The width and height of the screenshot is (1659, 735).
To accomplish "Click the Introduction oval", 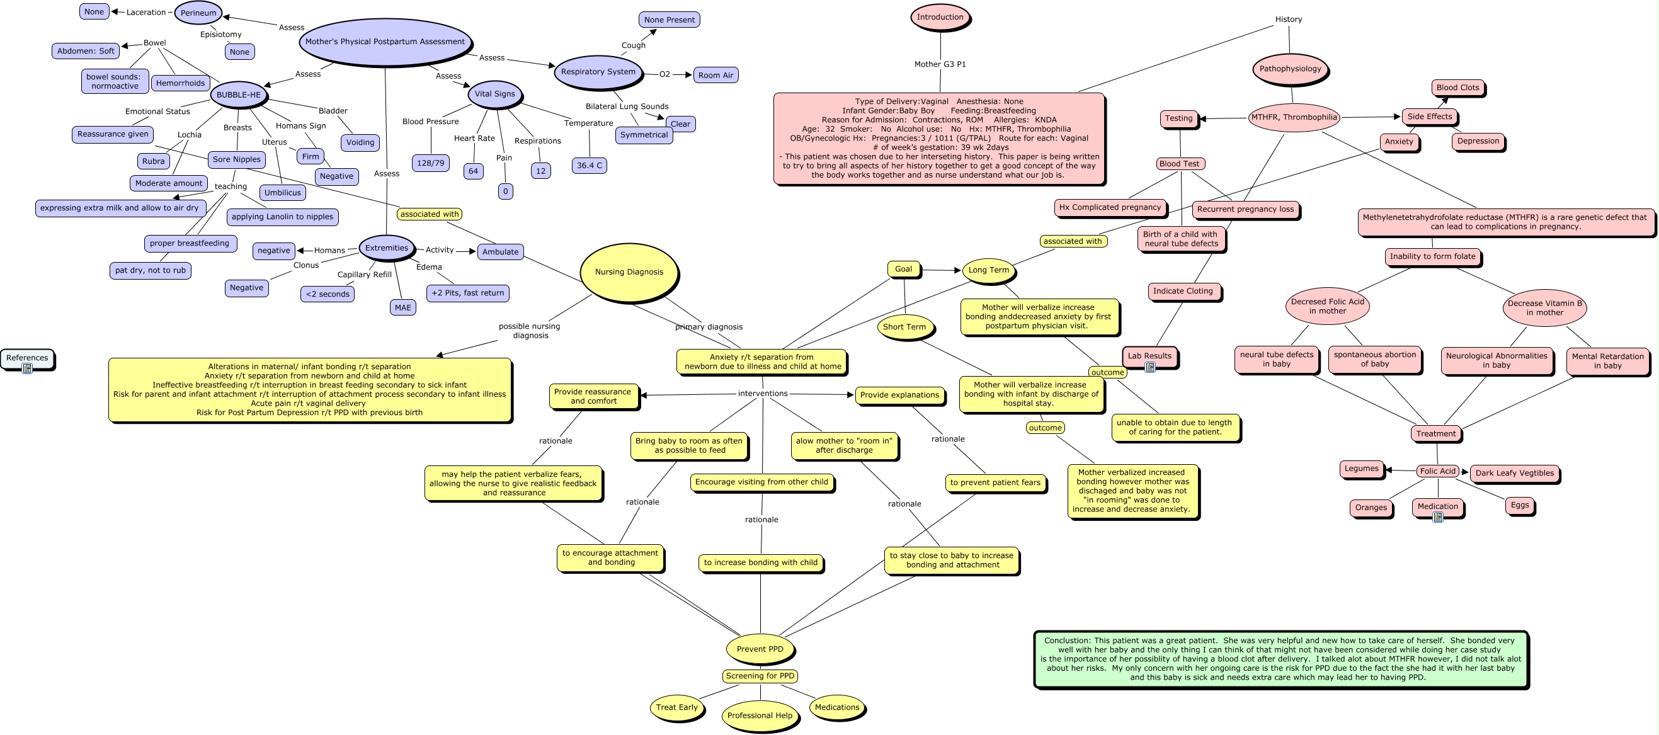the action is (x=940, y=18).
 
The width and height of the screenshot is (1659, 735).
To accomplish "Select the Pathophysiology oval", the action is (x=1290, y=69).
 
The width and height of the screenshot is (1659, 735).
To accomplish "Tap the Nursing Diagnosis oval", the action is (x=629, y=272).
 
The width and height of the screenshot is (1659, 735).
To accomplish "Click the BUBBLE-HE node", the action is (x=238, y=94).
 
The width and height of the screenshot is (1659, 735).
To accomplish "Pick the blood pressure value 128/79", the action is (x=430, y=163).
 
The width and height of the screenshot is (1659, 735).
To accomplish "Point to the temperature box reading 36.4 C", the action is (x=590, y=166).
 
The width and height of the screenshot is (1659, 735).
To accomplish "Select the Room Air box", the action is (x=715, y=76).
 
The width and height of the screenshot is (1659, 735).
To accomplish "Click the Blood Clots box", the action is (x=1458, y=88).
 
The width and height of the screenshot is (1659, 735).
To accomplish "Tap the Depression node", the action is (x=1478, y=141).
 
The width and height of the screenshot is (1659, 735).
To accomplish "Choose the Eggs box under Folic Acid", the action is (x=1520, y=505).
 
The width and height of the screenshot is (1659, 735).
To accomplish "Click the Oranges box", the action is (x=1371, y=508).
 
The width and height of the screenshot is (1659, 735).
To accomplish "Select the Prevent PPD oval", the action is (x=760, y=649).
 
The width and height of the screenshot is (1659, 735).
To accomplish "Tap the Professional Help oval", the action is (x=760, y=715).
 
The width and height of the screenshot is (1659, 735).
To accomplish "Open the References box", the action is (x=27, y=358).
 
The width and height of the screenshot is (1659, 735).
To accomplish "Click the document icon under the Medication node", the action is (x=1437, y=516).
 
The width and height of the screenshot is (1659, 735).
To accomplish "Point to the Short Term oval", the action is (x=904, y=328).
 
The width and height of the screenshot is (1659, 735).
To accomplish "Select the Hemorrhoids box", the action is (x=180, y=83).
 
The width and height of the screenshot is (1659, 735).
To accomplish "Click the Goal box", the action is (x=904, y=270).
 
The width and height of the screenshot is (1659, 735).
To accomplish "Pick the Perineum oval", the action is (x=198, y=13).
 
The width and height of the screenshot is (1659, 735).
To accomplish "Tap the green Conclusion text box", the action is (x=1281, y=659).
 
